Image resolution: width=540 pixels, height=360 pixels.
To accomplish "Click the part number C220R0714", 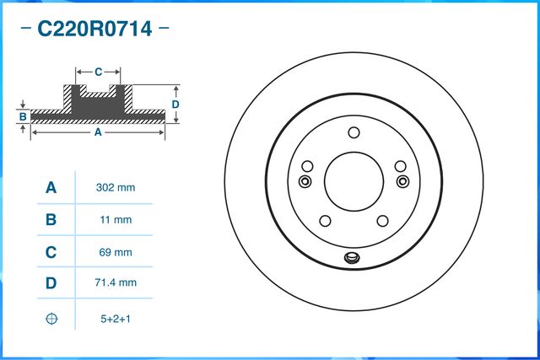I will (94, 30).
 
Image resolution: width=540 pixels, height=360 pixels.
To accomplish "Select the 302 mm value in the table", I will (116, 187).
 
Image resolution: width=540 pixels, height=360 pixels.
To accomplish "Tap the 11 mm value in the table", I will (116, 219).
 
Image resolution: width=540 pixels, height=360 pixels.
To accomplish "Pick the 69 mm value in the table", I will (116, 251).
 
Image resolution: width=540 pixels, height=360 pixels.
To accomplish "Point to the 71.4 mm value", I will (116, 283).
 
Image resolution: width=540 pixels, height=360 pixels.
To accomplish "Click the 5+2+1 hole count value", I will (116, 319).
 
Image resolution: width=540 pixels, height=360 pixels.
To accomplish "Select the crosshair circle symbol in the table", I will (51, 319).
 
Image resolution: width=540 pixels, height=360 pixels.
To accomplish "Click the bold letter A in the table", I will (51, 187).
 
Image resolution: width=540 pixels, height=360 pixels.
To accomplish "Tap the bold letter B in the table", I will (51, 219).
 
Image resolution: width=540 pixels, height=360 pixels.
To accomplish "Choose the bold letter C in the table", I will (51, 251).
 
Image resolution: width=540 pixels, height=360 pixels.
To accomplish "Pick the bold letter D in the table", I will (51, 283).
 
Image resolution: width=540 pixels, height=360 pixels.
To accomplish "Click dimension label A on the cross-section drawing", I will (97, 132).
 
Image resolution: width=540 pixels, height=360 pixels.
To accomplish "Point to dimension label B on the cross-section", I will (23, 116).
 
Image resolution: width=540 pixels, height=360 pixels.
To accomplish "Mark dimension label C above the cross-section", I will (98, 71).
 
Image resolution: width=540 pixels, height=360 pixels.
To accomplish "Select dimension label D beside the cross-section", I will (175, 104).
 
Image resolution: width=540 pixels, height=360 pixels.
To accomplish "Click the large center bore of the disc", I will (353, 179).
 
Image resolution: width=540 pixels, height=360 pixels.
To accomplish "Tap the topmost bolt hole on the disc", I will (354, 132).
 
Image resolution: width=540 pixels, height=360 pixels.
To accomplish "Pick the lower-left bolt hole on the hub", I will (324, 221).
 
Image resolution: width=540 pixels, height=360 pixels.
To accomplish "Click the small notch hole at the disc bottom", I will (352, 259).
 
